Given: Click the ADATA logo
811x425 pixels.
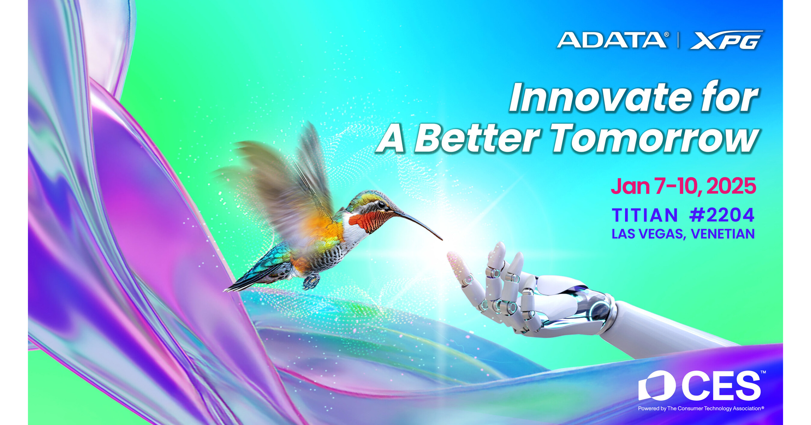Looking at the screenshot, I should click(613, 40).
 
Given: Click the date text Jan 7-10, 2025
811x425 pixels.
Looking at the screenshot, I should click(684, 186).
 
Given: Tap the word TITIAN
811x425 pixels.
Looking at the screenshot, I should click(645, 215).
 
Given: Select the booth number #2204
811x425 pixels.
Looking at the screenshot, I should click(721, 215).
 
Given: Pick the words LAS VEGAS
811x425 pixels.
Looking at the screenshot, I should click(648, 234).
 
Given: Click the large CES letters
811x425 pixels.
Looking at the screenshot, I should click(721, 386).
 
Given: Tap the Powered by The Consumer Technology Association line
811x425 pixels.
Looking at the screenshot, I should click(701, 409).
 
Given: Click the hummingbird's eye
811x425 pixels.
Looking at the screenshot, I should click(381, 205).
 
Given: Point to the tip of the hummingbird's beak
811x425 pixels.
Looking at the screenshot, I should click(441, 239).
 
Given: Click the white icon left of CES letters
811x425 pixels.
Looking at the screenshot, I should click(657, 386).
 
